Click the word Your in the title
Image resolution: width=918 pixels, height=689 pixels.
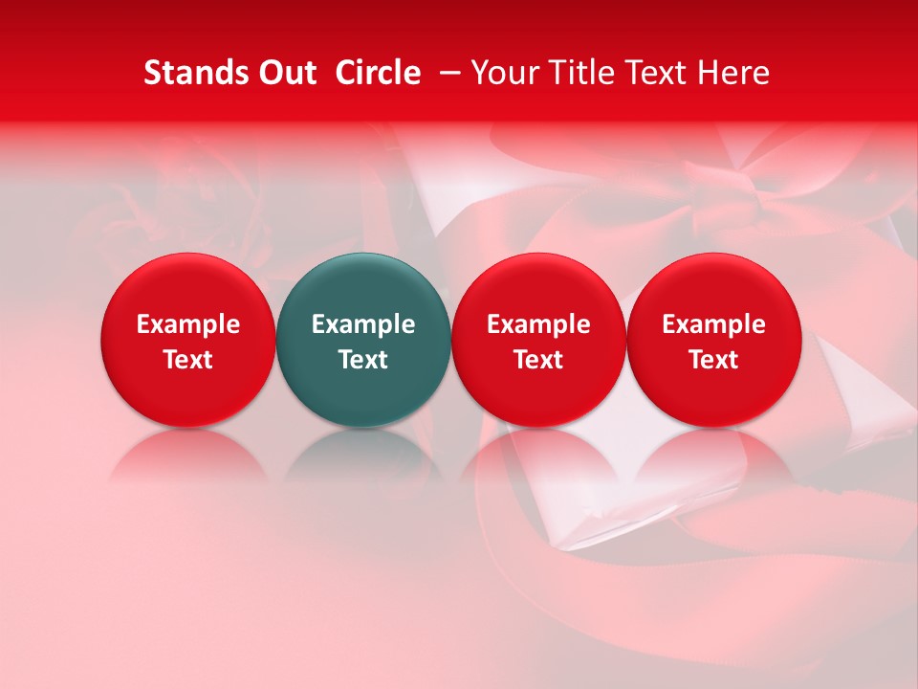coord(503,73)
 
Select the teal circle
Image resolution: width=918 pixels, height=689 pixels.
coord(363,287)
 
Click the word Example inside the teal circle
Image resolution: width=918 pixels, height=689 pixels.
coord(363,324)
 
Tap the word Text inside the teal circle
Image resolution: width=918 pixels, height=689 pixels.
coord(363,360)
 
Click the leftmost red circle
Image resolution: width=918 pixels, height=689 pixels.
coord(188,287)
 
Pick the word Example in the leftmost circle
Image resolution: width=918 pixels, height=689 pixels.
coord(188,324)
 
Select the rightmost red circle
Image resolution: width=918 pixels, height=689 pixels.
coord(713,287)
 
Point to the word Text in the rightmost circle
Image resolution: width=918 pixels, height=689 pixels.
coord(713,360)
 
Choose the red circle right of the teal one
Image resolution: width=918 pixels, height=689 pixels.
coord(538,287)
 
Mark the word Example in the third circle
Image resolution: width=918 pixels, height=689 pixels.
coord(538,324)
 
